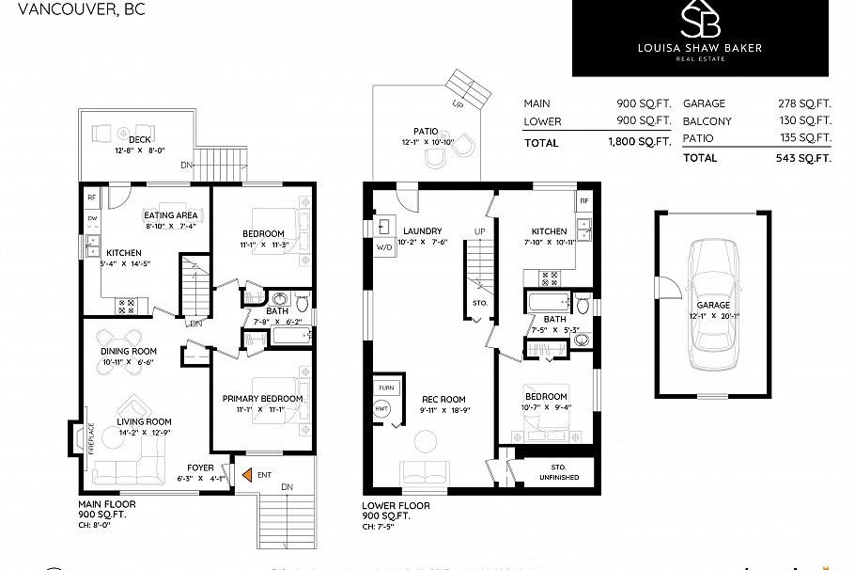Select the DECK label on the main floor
pyautogui.click(x=139, y=140)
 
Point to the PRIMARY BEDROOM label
pyautogui.click(x=262, y=399)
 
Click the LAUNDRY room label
pyautogui.click(x=422, y=231)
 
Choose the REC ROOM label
pyautogui.click(x=443, y=398)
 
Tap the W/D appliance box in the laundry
pyautogui.click(x=385, y=248)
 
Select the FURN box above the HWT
pyautogui.click(x=385, y=388)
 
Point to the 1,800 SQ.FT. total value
pyautogui.click(x=638, y=143)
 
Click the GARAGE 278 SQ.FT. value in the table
pyautogui.click(x=809, y=103)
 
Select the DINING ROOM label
pyautogui.click(x=128, y=352)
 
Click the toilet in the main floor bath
pyautogui.click(x=302, y=304)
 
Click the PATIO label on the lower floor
pyautogui.click(x=427, y=132)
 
